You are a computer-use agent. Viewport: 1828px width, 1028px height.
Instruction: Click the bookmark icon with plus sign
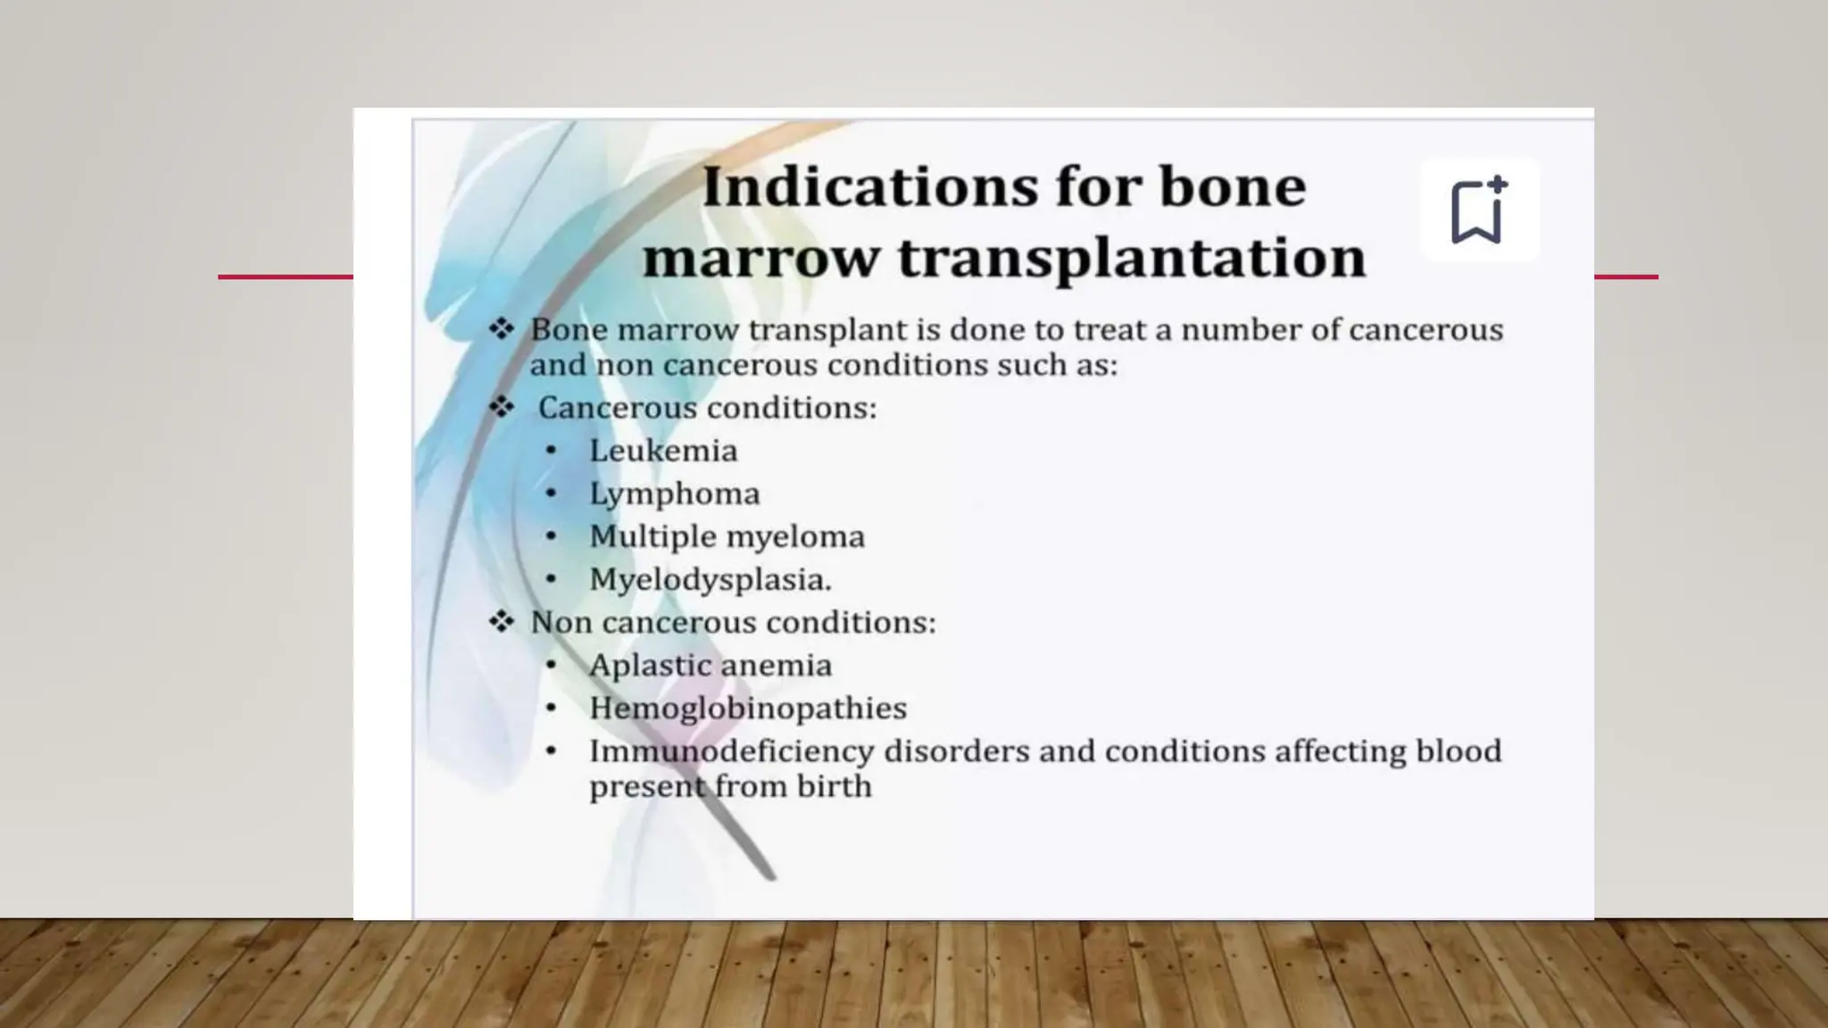click(1478, 211)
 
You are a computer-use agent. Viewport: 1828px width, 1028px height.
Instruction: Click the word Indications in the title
click(870, 187)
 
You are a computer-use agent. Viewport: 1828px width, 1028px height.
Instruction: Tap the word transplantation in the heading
click(1132, 258)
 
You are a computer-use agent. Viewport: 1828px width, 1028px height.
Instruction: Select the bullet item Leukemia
click(663, 451)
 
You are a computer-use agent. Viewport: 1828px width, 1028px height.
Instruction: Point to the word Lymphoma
click(674, 493)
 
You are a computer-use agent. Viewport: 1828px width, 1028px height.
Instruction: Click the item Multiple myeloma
click(727, 536)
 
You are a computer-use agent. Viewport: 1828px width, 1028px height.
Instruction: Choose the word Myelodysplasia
click(710, 579)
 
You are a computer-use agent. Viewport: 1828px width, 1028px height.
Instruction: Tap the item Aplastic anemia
click(710, 665)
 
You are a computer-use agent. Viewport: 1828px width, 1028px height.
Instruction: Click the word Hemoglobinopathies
click(747, 708)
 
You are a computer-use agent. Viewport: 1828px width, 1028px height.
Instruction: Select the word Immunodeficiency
click(731, 751)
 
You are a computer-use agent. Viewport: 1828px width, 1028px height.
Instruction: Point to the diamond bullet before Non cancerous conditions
click(502, 621)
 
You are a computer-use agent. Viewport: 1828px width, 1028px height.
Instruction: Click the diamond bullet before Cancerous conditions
click(502, 407)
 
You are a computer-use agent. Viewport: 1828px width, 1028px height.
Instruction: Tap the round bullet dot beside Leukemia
click(551, 451)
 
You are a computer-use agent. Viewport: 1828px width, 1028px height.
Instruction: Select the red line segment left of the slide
click(286, 277)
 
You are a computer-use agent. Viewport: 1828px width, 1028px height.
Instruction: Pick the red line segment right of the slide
click(1625, 277)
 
